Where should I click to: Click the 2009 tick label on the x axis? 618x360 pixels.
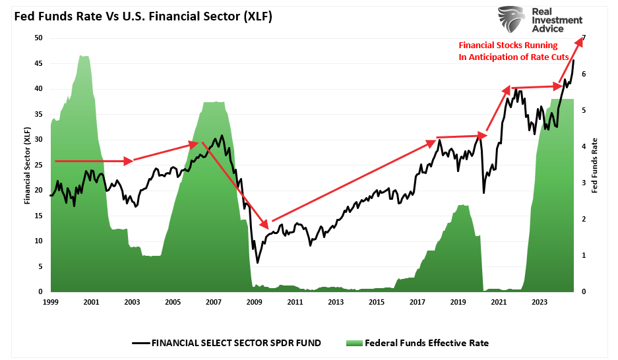255,302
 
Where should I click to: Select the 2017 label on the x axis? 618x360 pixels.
417,302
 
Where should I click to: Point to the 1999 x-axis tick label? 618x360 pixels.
51,302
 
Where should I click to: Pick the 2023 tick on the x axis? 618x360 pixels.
540,302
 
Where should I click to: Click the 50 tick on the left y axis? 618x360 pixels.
38,38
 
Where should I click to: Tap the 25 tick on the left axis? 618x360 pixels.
38,165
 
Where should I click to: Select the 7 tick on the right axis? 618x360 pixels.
583,38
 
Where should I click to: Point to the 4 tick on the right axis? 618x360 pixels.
583,146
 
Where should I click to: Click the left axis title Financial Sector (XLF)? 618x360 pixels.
27,165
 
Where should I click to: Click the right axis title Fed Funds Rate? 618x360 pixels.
595,165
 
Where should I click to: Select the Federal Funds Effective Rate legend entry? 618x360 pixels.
422,343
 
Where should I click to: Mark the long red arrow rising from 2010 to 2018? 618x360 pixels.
356,180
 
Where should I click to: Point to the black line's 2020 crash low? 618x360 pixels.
483,193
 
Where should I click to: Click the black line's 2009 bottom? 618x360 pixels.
257,262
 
